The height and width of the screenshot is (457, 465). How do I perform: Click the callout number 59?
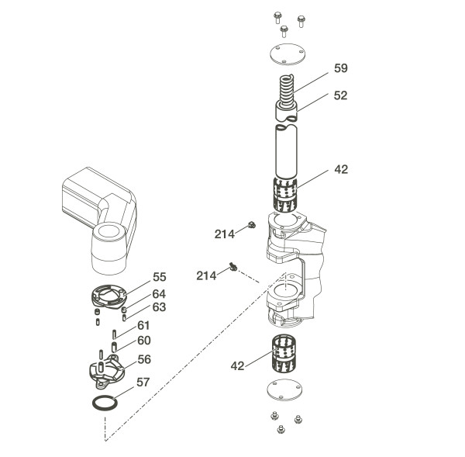click(341, 68)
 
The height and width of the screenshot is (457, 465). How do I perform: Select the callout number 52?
click(341, 96)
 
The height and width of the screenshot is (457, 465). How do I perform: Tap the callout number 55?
click(160, 277)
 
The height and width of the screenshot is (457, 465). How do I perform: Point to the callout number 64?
click(159, 294)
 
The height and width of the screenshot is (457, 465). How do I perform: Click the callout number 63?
click(159, 307)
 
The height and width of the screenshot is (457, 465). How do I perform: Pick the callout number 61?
click(143, 326)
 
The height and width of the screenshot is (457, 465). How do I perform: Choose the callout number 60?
click(144, 341)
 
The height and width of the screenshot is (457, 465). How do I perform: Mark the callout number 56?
click(144, 359)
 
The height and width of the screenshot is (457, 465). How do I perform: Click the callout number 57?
click(143, 383)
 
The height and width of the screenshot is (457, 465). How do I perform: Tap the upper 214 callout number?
click(226, 233)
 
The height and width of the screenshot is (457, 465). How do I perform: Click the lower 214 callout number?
click(207, 276)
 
